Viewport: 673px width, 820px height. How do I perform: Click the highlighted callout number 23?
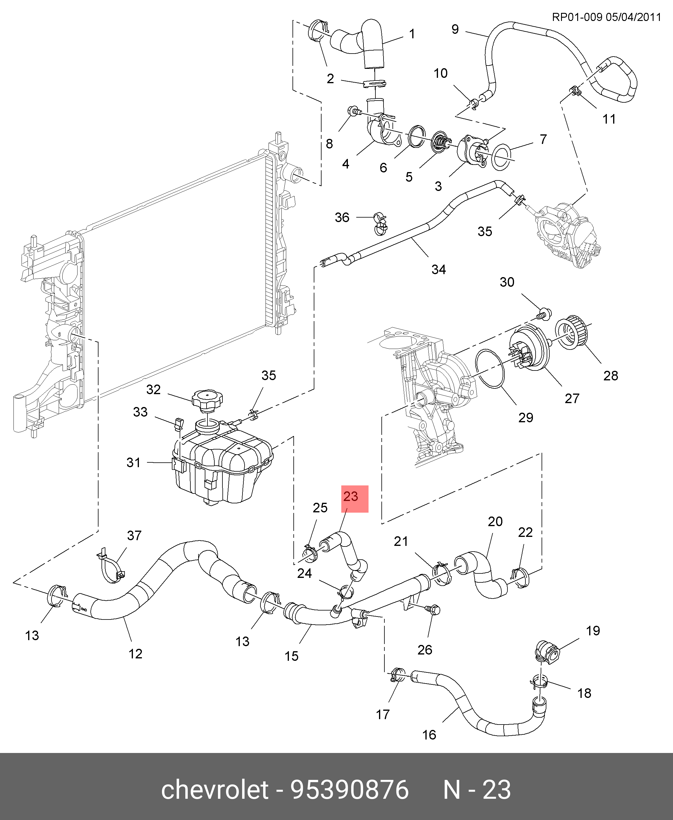(351, 496)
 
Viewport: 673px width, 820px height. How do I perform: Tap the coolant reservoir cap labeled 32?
(207, 399)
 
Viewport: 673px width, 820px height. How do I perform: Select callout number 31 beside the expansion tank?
(133, 462)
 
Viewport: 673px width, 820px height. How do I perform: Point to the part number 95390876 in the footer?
(350, 790)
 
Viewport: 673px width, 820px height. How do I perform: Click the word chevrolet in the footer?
(214, 790)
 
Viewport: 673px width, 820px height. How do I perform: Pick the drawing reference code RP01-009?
(577, 17)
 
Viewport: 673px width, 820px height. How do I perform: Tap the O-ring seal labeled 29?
(490, 368)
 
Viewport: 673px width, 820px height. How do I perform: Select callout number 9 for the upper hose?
(455, 29)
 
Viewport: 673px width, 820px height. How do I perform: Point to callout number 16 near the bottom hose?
(429, 735)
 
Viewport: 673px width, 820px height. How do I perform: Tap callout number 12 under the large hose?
(135, 654)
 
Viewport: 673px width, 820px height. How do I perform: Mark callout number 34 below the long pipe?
(439, 269)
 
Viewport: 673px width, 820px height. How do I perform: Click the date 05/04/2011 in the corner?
(633, 17)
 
